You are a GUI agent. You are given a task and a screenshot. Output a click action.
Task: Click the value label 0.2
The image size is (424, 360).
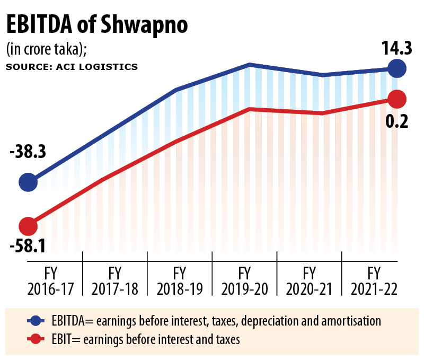(x=396, y=121)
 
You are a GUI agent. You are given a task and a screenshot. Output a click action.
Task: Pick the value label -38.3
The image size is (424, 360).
(x=28, y=152)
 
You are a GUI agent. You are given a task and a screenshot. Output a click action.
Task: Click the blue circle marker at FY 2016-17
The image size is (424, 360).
(x=28, y=182)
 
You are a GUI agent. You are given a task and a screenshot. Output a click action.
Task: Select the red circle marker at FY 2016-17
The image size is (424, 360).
(x=28, y=226)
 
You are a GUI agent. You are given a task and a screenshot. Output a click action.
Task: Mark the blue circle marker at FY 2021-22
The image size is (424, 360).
(x=396, y=68)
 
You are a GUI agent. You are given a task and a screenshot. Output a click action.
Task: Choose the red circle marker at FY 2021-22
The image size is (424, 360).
(x=396, y=98)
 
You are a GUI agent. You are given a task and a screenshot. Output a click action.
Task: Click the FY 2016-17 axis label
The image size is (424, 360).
(x=50, y=281)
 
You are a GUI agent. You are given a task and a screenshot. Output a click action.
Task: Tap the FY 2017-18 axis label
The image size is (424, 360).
(x=115, y=281)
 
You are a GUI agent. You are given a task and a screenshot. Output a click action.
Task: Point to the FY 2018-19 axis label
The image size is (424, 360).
(x=180, y=281)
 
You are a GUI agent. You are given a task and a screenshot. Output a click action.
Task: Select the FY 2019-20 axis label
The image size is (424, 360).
(x=244, y=281)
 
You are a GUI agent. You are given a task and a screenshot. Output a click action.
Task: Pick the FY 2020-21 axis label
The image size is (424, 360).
(x=309, y=281)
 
